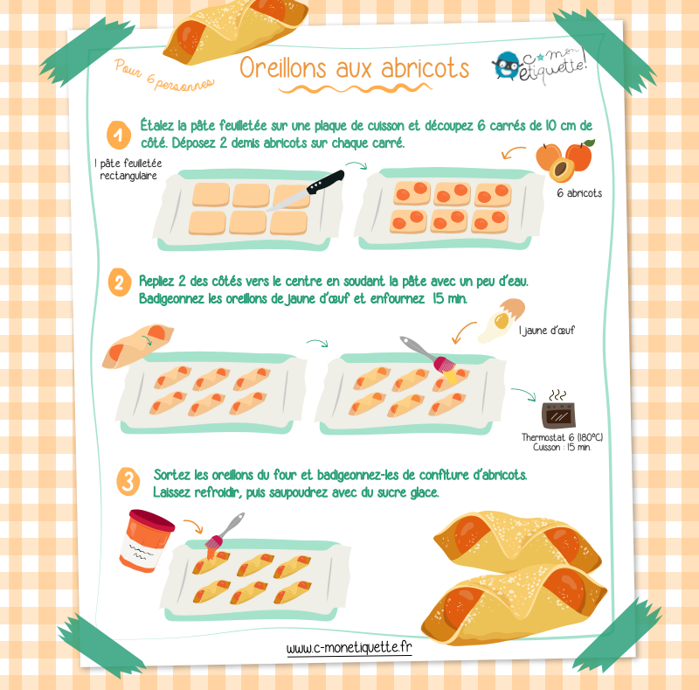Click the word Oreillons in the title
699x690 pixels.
click(x=283, y=68)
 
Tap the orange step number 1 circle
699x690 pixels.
click(x=119, y=135)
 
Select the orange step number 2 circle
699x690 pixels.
click(x=120, y=282)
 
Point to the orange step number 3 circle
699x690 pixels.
click(x=128, y=482)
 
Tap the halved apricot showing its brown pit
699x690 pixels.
click(x=561, y=170)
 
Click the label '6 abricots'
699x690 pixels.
click(x=579, y=193)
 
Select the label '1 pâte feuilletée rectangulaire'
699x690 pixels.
click(x=128, y=170)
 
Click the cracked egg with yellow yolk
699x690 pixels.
click(x=502, y=319)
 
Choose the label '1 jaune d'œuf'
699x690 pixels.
click(x=547, y=331)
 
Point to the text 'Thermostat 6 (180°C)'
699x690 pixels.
click(x=562, y=437)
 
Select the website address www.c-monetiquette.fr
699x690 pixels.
click(x=349, y=648)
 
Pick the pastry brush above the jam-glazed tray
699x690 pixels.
click(x=224, y=533)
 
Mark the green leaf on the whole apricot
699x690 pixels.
click(x=588, y=143)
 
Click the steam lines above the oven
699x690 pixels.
click(x=557, y=395)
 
